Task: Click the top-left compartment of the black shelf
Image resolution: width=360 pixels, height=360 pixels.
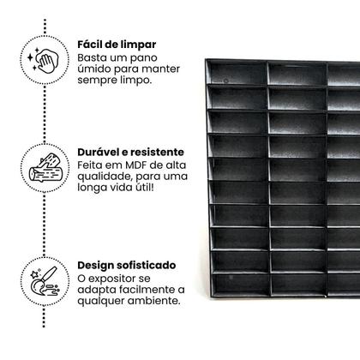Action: [x=238, y=73]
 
